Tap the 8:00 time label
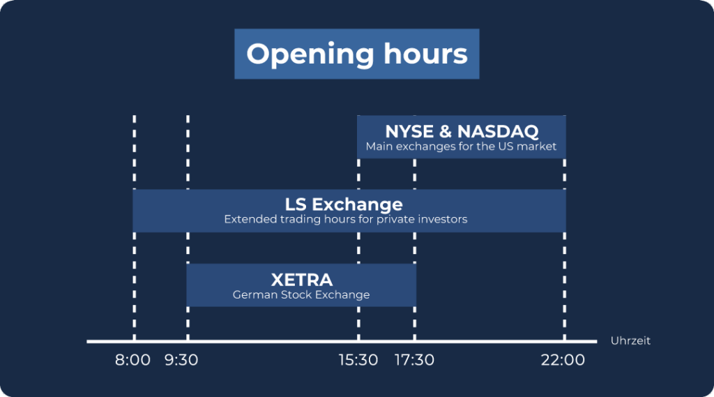point(132,360)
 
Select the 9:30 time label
point(181,360)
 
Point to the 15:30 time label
point(358,360)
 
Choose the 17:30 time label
point(414,360)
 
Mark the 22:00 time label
point(563,360)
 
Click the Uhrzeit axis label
point(630,340)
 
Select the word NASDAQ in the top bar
point(498,131)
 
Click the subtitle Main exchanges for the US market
point(461,147)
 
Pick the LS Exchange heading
point(344,204)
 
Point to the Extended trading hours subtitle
point(346,219)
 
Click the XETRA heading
point(301,279)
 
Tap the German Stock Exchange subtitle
point(301,294)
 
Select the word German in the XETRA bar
point(255,294)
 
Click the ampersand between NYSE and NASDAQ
point(445,131)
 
